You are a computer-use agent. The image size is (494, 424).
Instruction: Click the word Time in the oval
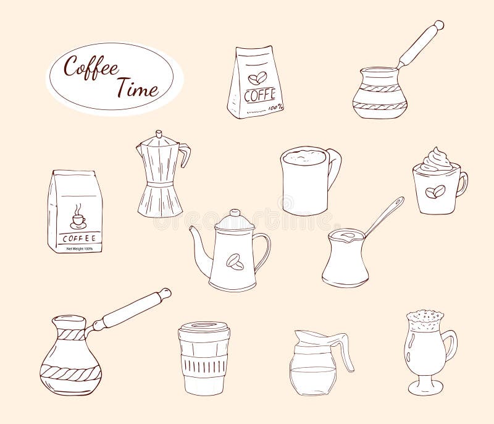tap(137, 88)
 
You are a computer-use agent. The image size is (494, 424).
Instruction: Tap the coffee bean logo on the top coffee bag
tap(256, 78)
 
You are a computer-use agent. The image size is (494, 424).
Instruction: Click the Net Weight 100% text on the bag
tap(75, 249)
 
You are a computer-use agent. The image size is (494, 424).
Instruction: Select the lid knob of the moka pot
tap(159, 133)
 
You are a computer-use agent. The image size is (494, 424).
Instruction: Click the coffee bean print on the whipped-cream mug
tap(437, 192)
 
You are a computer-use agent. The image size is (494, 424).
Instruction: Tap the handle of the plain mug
tap(334, 168)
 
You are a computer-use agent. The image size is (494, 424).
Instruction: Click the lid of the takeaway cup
tap(204, 327)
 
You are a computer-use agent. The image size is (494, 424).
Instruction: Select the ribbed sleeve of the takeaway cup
tap(204, 359)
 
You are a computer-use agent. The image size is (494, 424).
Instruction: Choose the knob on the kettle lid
tap(234, 212)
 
